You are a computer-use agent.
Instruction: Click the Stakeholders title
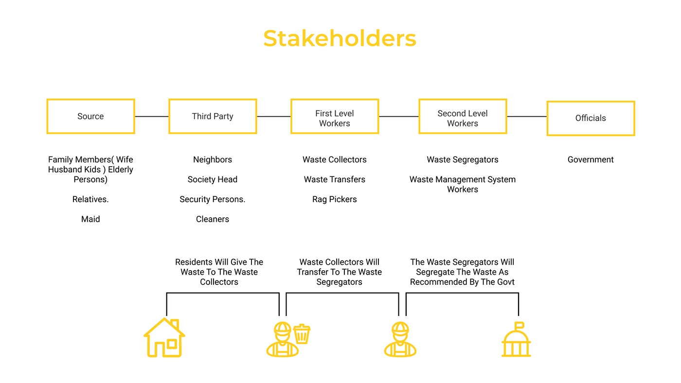(x=340, y=39)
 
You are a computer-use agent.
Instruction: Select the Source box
(x=90, y=117)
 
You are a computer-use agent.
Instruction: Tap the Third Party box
(x=213, y=117)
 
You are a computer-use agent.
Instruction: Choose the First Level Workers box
(x=335, y=117)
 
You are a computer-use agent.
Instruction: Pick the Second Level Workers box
(x=463, y=117)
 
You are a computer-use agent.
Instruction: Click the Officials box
(x=591, y=118)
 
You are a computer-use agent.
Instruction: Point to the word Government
(x=591, y=160)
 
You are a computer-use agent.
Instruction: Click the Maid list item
(x=90, y=219)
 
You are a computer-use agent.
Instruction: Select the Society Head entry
(x=213, y=180)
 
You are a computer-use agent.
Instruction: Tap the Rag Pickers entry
(x=335, y=200)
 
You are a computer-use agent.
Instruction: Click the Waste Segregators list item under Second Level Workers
(x=463, y=160)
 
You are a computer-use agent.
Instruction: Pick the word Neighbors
(x=213, y=160)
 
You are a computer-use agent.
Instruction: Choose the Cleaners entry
(x=213, y=219)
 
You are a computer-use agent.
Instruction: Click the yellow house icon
(x=164, y=338)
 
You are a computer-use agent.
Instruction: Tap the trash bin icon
(x=302, y=334)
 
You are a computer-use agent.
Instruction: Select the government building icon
(x=516, y=340)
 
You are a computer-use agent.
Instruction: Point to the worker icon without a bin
(x=400, y=340)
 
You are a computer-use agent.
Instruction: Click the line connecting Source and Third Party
(x=152, y=117)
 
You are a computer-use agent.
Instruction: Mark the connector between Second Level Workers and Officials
(x=527, y=117)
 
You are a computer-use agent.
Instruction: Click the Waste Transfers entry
(x=335, y=180)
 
